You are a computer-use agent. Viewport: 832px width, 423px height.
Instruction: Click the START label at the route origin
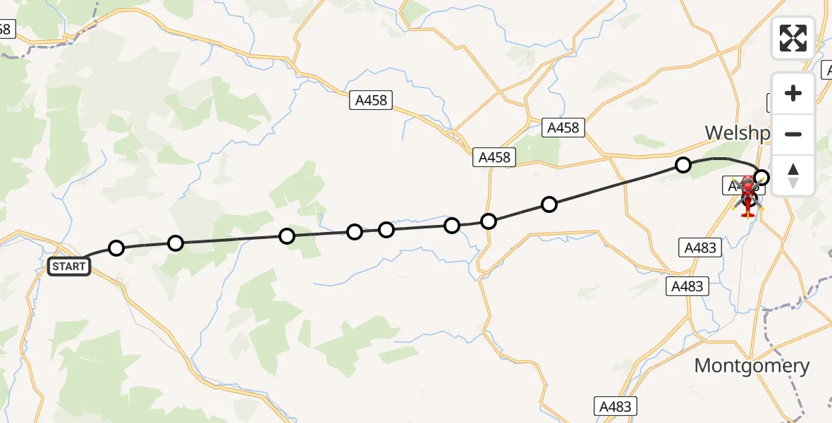pos(69,266)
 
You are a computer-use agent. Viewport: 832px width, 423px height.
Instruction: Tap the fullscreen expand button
pos(793,38)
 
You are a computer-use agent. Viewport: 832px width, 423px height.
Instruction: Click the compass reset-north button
pos(793,176)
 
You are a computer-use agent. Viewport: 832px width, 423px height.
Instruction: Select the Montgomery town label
pos(752,365)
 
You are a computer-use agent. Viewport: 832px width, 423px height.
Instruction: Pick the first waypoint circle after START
pos(116,247)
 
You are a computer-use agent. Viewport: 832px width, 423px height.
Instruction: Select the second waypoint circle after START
pos(176,243)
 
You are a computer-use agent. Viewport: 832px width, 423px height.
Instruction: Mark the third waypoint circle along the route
pos(286,236)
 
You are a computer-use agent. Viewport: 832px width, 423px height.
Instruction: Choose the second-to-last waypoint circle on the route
pos(683,165)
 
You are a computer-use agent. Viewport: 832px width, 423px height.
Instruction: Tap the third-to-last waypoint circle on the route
pos(549,204)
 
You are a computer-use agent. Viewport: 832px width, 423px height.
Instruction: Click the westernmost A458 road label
pos(371,100)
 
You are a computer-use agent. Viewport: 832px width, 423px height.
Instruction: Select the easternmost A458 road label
pos(562,127)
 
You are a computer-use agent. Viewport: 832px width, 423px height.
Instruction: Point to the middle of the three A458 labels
pos(494,157)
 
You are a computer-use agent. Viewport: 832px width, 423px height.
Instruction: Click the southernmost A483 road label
pos(616,406)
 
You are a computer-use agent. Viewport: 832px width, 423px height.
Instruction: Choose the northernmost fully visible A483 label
pos(700,247)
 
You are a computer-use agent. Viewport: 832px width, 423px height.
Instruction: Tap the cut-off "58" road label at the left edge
pos(6,29)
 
